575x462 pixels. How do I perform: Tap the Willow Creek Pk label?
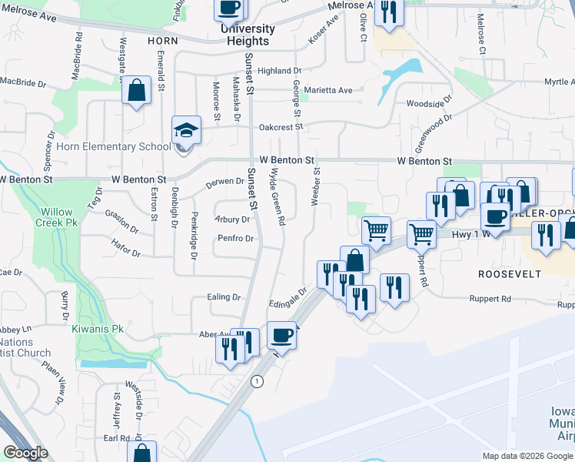[x=57, y=217]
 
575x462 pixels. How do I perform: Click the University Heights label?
[x=247, y=35]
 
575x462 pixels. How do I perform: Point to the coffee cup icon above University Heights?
[x=229, y=9]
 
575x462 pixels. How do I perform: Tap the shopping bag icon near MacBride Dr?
[x=136, y=92]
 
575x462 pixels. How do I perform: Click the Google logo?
[x=25, y=453]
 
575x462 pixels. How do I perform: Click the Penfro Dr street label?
[x=235, y=239]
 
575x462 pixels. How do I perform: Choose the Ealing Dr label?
[x=224, y=297]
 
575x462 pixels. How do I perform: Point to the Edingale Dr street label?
[x=288, y=298]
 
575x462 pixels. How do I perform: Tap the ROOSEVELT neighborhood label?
[x=510, y=274]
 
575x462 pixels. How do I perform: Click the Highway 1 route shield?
[x=257, y=381]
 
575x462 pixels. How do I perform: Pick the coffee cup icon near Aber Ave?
[x=281, y=336]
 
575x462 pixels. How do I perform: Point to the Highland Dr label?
[x=279, y=71]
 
